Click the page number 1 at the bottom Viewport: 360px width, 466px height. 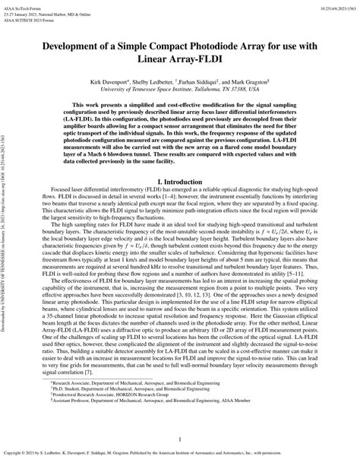(180, 439)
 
